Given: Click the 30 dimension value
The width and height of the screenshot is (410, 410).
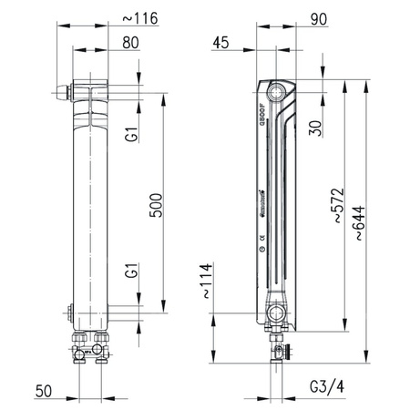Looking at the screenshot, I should pos(316,127).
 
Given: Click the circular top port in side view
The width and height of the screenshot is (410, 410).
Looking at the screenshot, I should pos(276,91).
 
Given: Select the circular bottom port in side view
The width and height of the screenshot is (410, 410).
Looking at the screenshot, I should pos(276,315).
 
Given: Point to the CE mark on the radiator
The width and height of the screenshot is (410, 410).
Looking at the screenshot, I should pos(262,238).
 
